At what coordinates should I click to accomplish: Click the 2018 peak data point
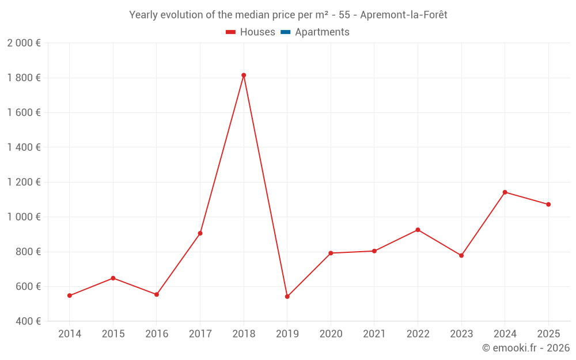[x=244, y=75]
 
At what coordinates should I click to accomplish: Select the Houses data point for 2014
[x=70, y=295]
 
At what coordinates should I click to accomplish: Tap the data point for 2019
[x=287, y=297]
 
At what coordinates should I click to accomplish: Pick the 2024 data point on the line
[x=505, y=192]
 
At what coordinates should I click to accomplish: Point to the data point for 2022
[x=418, y=230]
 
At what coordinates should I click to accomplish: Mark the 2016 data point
[x=157, y=294]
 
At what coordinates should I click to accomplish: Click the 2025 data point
[x=548, y=204]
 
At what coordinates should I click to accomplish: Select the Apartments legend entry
[x=322, y=32]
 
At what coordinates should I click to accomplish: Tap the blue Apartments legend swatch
[x=285, y=32]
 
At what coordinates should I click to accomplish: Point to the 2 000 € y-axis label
[x=24, y=43]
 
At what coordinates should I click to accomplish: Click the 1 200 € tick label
[x=24, y=182]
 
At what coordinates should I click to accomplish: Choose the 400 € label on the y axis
[x=27, y=321]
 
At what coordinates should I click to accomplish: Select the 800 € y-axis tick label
[x=27, y=252]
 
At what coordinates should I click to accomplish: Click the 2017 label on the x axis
[x=200, y=334]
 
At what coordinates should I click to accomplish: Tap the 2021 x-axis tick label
[x=374, y=334]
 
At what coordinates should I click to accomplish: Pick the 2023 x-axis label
[x=461, y=334]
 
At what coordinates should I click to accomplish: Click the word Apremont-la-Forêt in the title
[x=403, y=15]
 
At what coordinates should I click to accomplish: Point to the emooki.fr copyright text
[x=526, y=348]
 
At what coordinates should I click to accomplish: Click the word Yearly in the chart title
[x=143, y=15]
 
